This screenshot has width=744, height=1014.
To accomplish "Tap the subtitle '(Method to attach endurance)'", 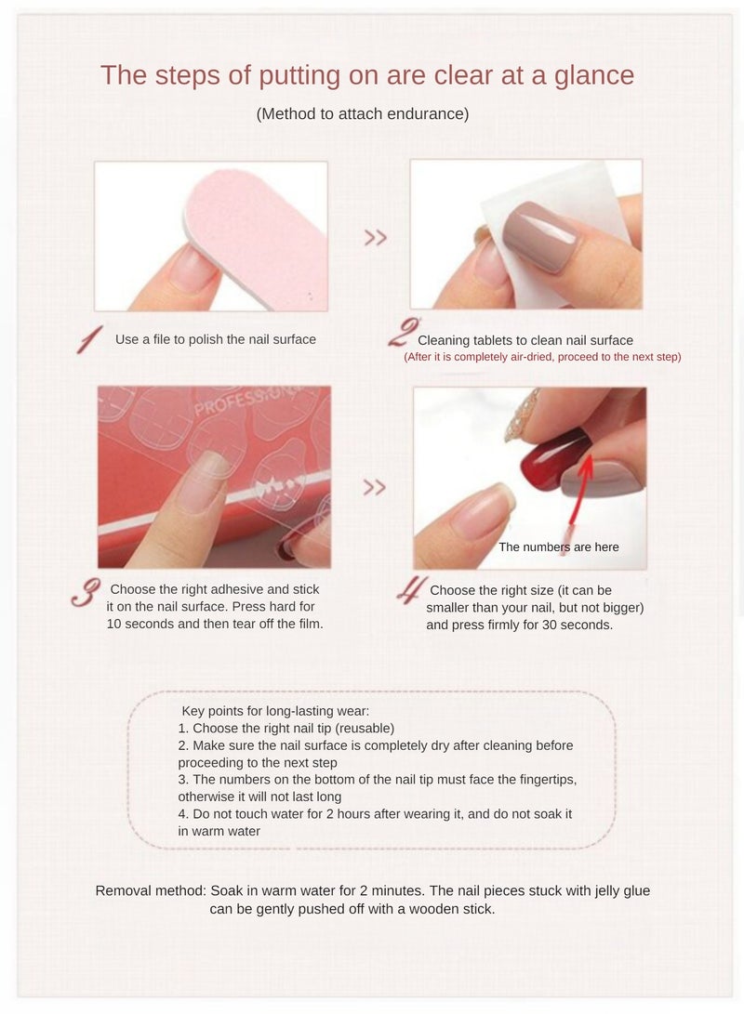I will click(362, 114).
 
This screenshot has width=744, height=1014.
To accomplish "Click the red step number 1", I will click(89, 341).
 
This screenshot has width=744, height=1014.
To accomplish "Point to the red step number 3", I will click(86, 594).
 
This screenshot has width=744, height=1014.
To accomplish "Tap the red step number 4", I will click(410, 591).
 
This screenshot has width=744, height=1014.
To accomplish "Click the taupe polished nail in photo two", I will click(544, 237).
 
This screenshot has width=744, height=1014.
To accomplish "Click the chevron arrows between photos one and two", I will click(375, 238).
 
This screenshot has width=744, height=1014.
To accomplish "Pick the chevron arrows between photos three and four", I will click(374, 488).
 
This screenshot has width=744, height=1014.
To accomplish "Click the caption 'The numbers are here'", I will click(558, 547).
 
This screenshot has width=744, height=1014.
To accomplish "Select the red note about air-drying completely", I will click(541, 357).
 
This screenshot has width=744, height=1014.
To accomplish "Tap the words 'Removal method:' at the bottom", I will click(151, 890).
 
